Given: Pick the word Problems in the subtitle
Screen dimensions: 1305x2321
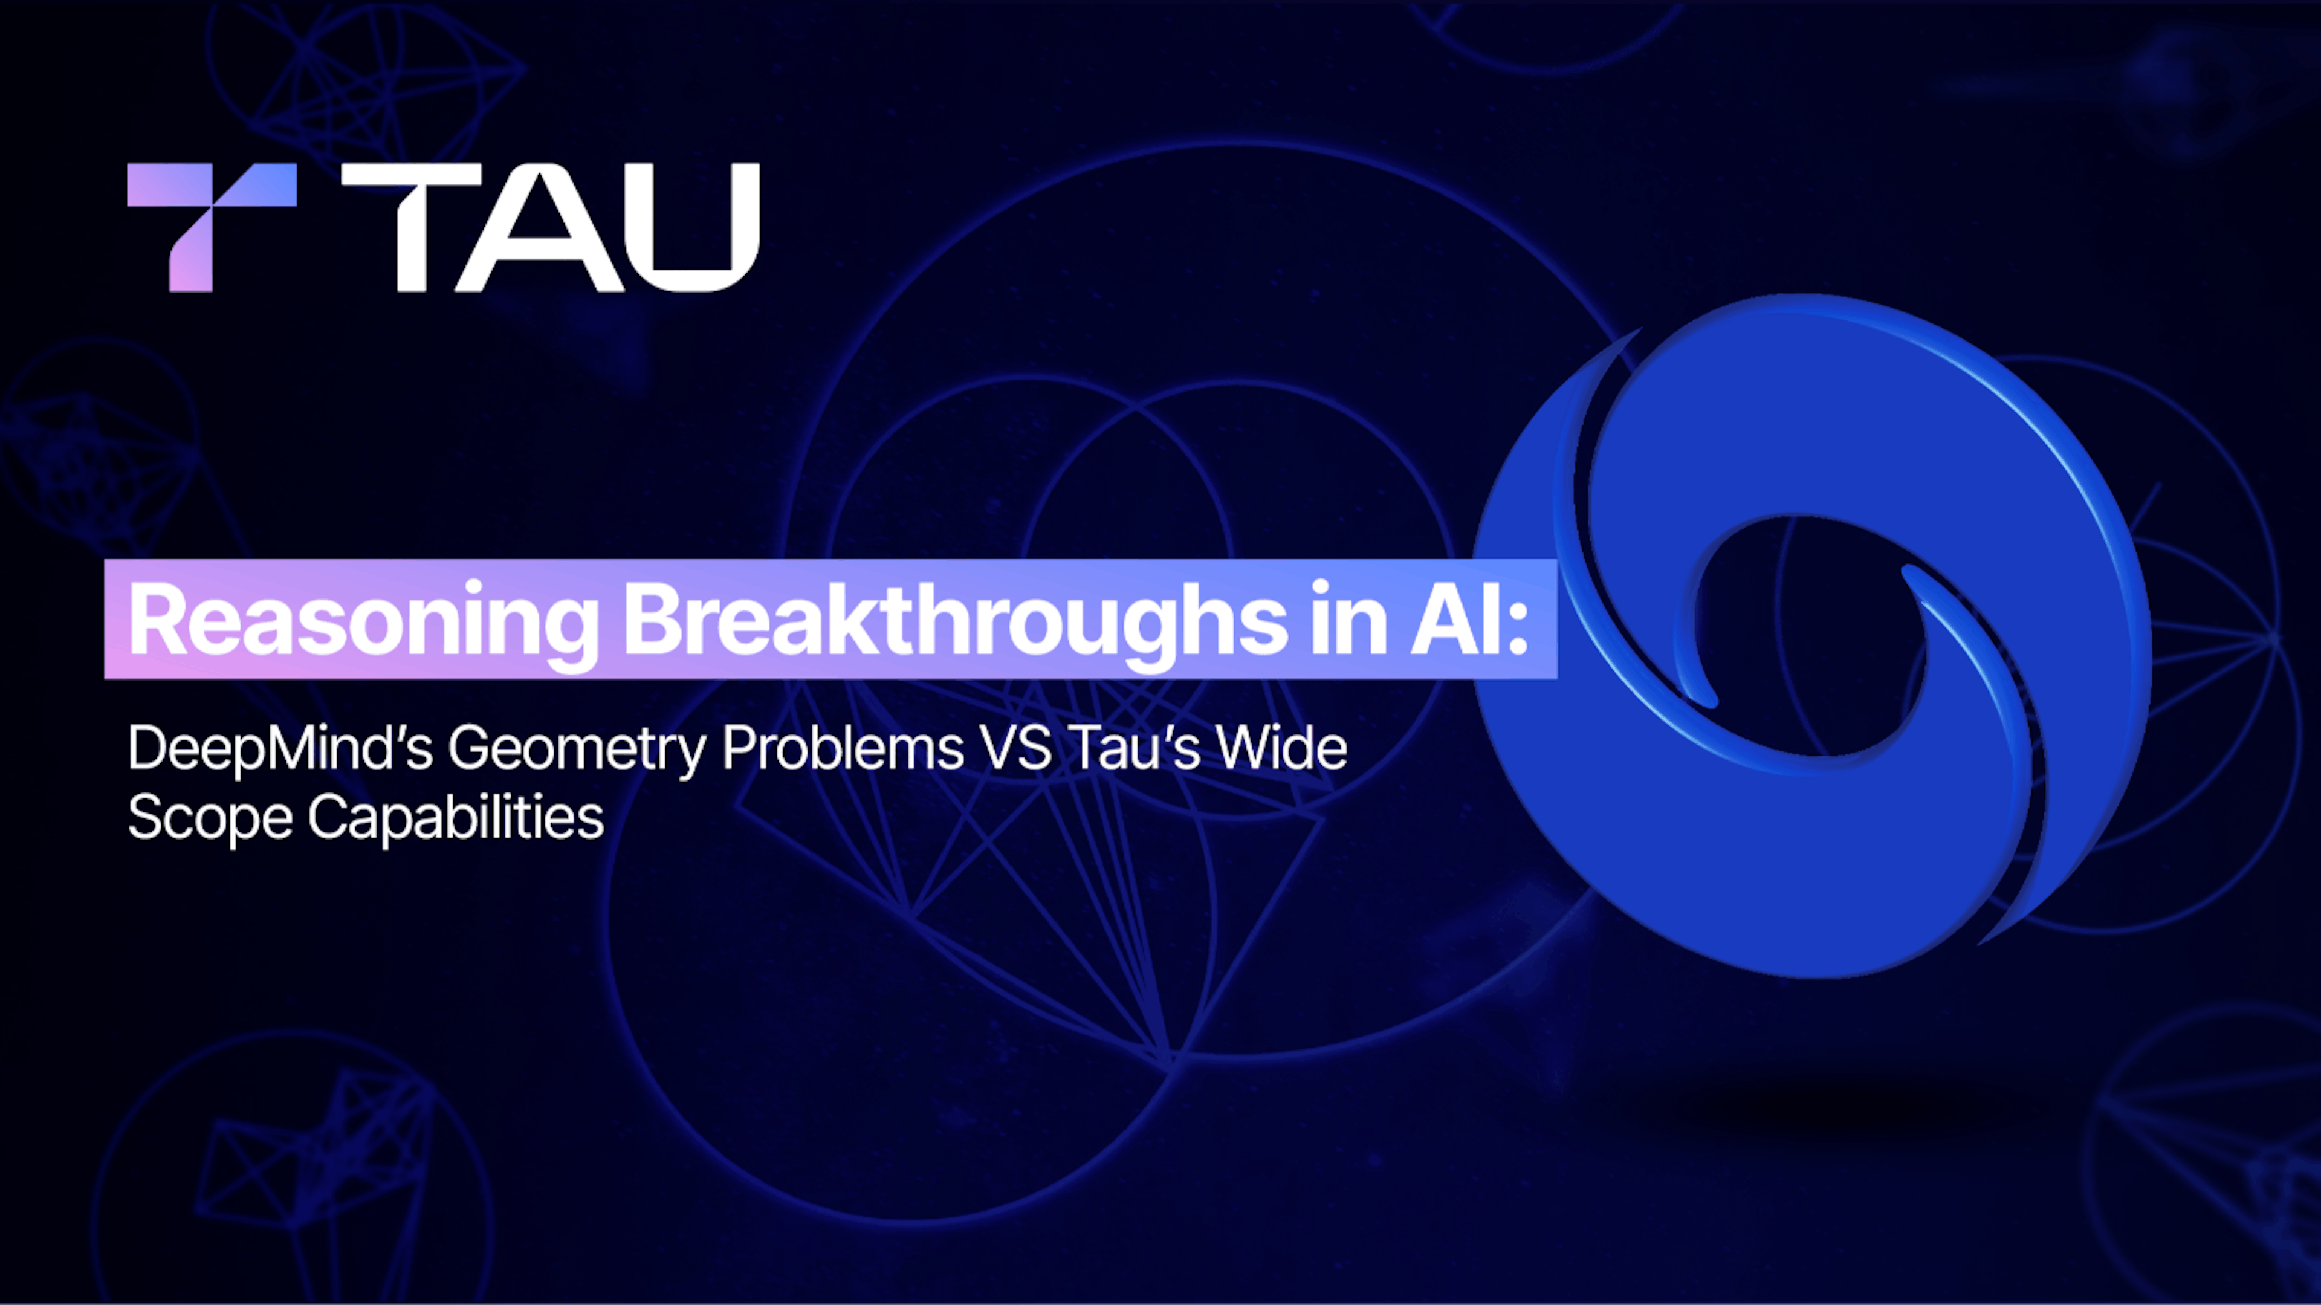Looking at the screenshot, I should click(843, 748).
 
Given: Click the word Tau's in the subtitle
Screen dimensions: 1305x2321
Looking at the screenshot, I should click(1135, 748).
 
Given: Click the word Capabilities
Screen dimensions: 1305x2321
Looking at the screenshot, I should click(455, 818).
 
